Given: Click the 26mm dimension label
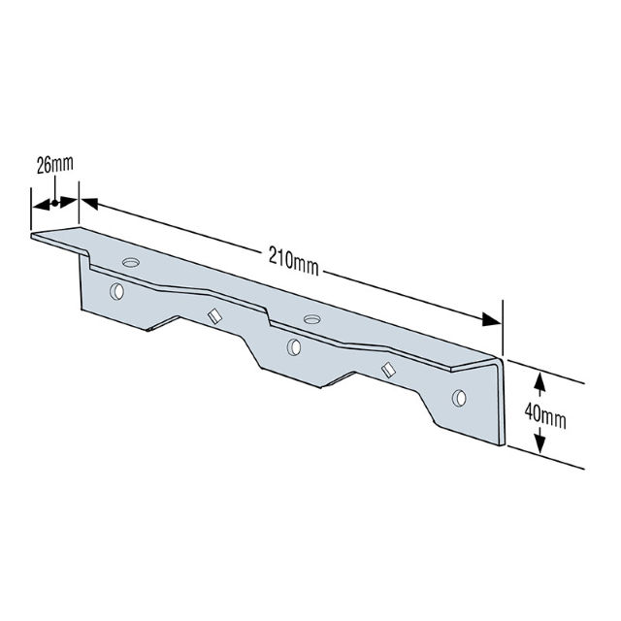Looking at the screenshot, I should pyautogui.click(x=54, y=165).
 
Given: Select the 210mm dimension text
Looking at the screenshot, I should pyautogui.click(x=294, y=258).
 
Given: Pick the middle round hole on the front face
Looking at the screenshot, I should pyautogui.click(x=294, y=346).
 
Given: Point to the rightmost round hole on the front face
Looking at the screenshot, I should pyautogui.click(x=459, y=396).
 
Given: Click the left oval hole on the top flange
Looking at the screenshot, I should pyautogui.click(x=132, y=262).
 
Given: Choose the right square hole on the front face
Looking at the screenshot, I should pyautogui.click(x=388, y=369).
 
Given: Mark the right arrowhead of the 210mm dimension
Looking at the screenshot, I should pyautogui.click(x=494, y=323).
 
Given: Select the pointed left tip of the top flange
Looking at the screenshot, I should pyautogui.click(x=33, y=234).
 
